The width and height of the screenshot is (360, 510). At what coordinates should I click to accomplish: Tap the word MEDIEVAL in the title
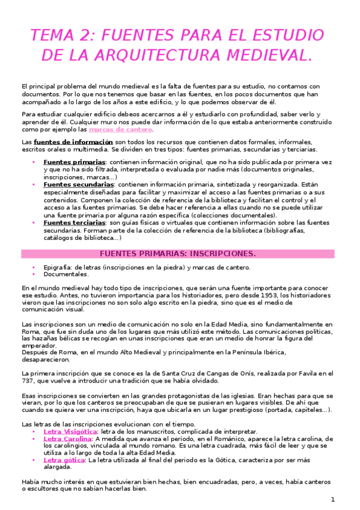pos(263,56)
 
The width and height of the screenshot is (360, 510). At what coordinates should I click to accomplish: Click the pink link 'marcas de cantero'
pos(121,129)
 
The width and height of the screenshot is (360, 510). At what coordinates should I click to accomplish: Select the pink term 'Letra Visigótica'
pos(70,431)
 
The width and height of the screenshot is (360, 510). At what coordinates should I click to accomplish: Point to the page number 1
pos(332,500)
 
